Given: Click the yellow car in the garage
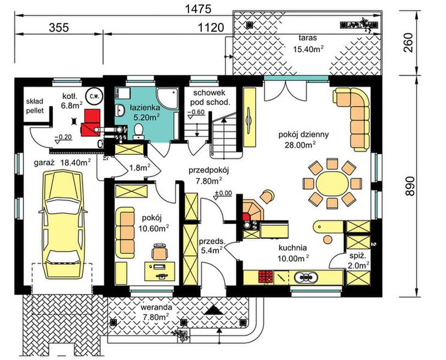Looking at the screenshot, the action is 64,224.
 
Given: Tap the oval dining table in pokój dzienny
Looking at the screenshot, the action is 332,184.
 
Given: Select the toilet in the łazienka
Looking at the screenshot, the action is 139,131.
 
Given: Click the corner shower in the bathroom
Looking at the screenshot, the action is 168,98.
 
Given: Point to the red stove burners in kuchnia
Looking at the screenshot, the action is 266,277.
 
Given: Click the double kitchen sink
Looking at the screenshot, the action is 306,277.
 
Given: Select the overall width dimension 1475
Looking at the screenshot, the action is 198,10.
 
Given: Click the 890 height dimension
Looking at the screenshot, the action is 410,186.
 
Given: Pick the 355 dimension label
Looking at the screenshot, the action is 59,28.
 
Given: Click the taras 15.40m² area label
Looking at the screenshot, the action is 308,44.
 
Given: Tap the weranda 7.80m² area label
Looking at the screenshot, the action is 156,312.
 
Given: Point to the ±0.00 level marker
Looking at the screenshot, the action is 223,193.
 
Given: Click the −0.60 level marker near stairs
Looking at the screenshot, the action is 196,112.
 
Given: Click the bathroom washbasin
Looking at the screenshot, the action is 120,110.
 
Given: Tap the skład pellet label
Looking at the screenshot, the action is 35,106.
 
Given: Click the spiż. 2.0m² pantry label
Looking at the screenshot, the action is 359,261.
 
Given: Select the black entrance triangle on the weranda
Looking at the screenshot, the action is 214,309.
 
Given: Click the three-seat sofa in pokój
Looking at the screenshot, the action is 125,233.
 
